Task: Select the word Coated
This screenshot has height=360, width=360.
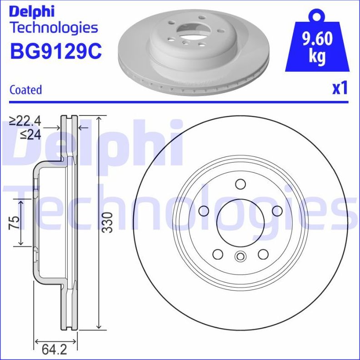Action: [x=25, y=90]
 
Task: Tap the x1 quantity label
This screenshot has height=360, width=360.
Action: [x=340, y=88]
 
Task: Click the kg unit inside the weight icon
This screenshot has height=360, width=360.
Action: [x=317, y=57]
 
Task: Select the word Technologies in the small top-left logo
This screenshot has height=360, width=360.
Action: [x=54, y=28]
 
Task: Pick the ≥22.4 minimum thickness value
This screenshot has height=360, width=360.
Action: [x=25, y=121]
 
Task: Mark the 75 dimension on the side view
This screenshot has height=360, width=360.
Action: [x=15, y=222]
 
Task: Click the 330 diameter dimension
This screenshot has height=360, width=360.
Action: [x=106, y=222]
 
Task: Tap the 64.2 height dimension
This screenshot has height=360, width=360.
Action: [x=51, y=350]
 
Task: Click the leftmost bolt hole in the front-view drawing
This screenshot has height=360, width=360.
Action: [x=204, y=210]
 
